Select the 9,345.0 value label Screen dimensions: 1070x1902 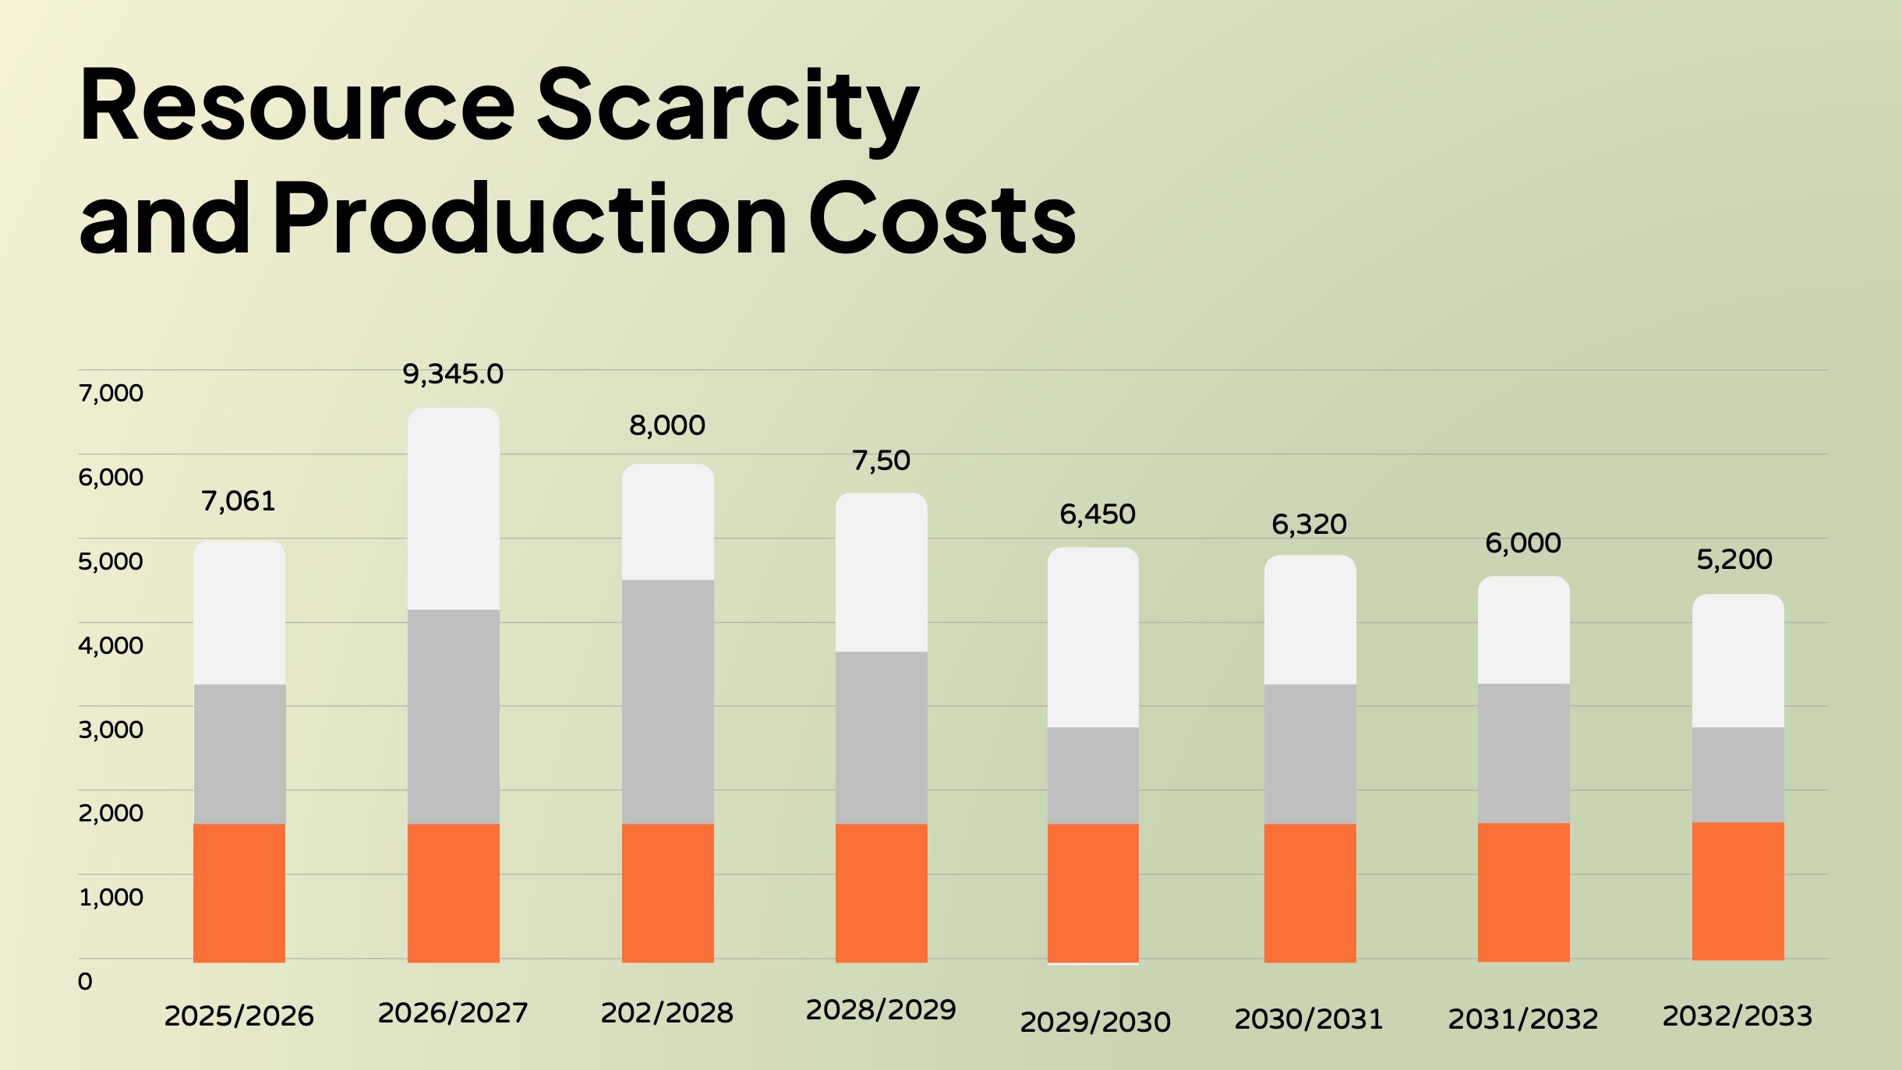point(453,375)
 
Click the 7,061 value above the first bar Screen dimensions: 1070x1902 point(239,501)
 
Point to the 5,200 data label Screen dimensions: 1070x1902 point(1734,560)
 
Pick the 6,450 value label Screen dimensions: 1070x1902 point(1097,514)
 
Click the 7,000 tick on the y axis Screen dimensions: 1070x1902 point(111,393)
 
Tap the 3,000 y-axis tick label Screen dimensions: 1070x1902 point(111,729)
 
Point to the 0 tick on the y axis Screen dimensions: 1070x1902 point(85,981)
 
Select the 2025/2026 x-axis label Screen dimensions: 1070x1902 point(239,1016)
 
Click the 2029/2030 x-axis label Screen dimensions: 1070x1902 point(1095,1022)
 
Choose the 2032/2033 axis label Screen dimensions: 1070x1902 point(1738,1016)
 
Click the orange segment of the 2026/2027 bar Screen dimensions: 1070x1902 point(453,892)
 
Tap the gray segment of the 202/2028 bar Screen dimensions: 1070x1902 point(667,701)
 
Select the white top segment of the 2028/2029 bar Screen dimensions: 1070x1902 point(881,572)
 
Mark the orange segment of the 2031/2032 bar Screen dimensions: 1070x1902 point(1523,892)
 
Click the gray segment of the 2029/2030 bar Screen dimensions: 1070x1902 point(1093,775)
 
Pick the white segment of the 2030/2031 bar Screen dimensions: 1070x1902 point(1310,620)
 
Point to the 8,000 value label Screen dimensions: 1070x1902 point(667,426)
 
